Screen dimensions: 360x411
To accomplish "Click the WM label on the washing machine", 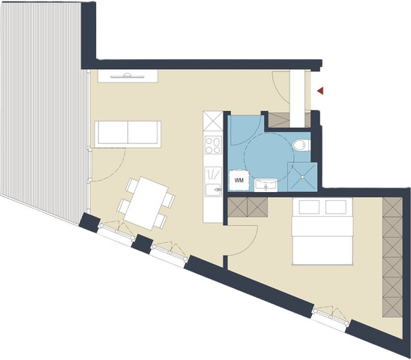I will (x=239, y=180).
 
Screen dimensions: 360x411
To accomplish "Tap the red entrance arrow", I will (x=320, y=91).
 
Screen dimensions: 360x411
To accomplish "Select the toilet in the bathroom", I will (x=300, y=144).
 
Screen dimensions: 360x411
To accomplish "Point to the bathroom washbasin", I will (x=265, y=184).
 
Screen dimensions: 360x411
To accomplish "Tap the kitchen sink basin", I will (x=212, y=188).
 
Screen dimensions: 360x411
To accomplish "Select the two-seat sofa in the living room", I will (x=127, y=133).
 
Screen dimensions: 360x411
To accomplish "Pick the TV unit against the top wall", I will (x=128, y=75).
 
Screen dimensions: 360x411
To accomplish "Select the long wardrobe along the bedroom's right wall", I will (x=392, y=255).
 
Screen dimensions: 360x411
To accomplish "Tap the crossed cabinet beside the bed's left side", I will (x=248, y=207).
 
